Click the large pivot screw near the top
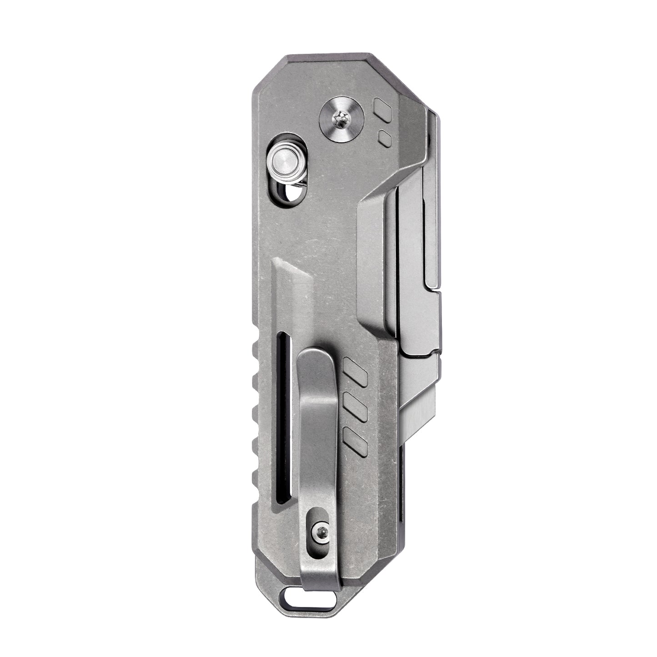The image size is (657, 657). tap(341, 120)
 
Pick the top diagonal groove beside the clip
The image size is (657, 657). tap(356, 372)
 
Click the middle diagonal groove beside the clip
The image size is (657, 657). tap(356, 407)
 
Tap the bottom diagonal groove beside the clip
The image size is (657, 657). tap(356, 441)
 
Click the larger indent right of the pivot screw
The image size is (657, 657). tap(382, 110)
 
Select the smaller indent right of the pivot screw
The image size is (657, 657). tap(385, 138)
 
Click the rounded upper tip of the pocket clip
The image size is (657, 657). tap(317, 359)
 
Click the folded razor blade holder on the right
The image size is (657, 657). tap(414, 255)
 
